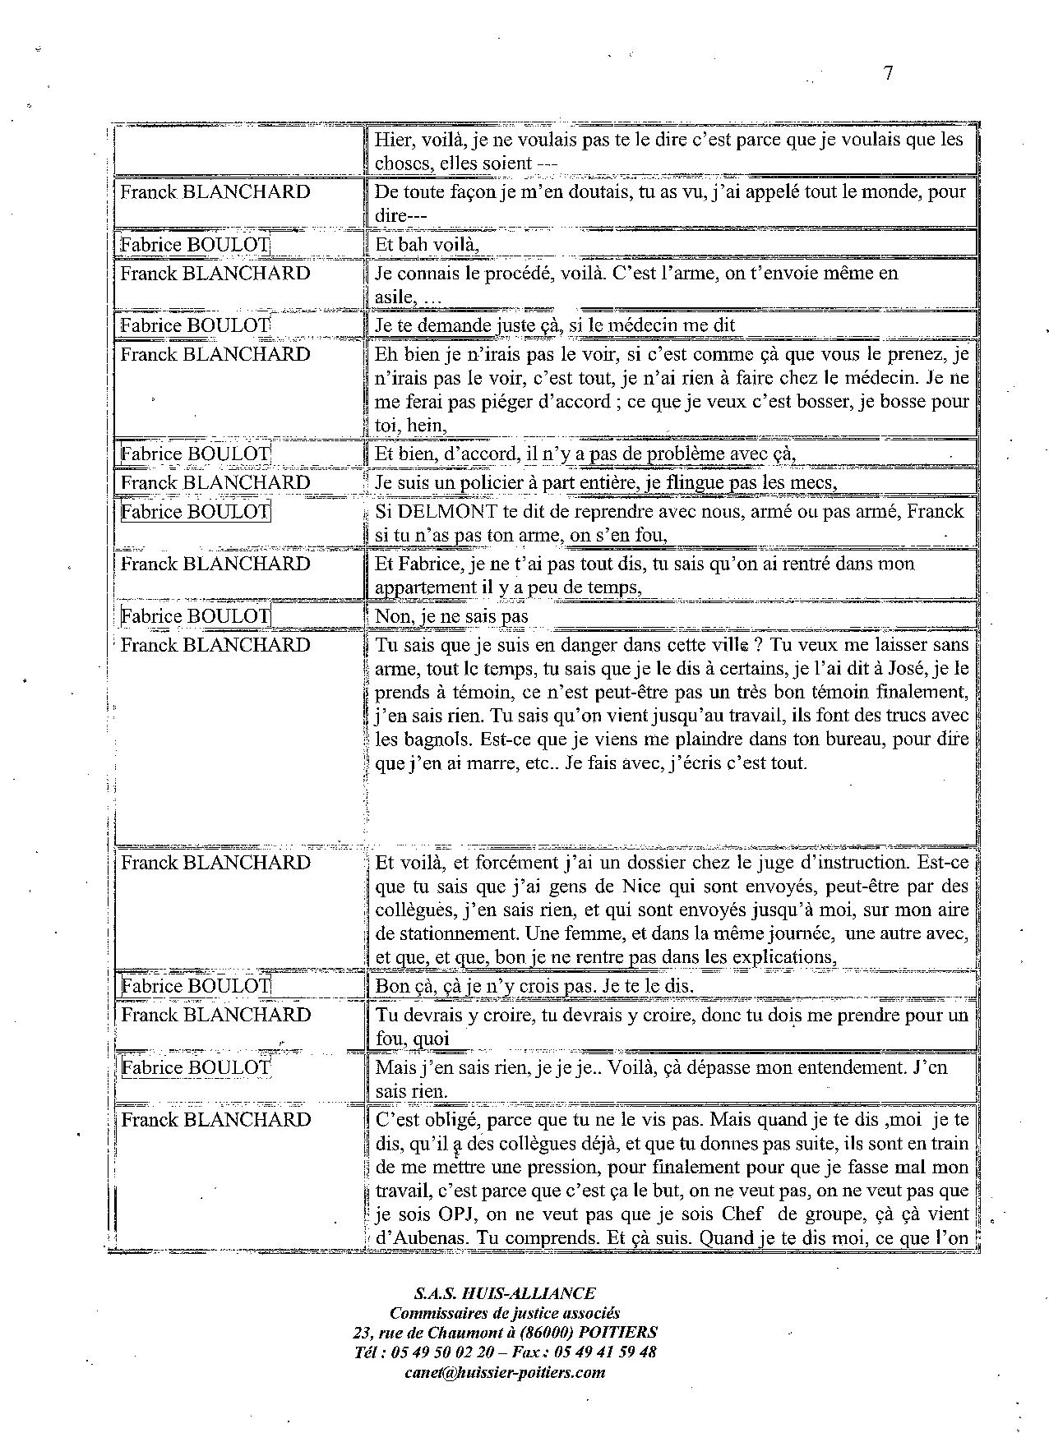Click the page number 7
(x=888, y=72)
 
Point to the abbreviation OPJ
(x=447, y=1214)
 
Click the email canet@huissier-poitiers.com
(x=505, y=1371)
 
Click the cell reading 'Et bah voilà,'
(x=427, y=244)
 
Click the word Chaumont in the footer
(x=472, y=1332)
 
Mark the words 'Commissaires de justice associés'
(x=505, y=1312)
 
